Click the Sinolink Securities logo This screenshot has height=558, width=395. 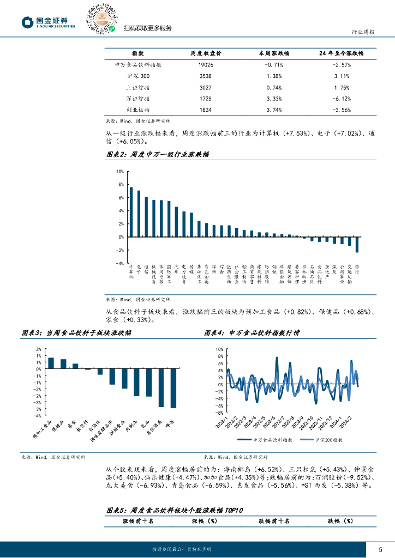pos(48,22)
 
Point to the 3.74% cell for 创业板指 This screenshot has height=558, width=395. pos(274,110)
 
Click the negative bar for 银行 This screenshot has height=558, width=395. pos(357,245)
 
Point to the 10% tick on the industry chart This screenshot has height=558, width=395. pos(119,171)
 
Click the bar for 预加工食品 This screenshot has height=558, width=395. pos(51,363)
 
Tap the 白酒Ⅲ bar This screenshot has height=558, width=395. pos(100,372)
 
